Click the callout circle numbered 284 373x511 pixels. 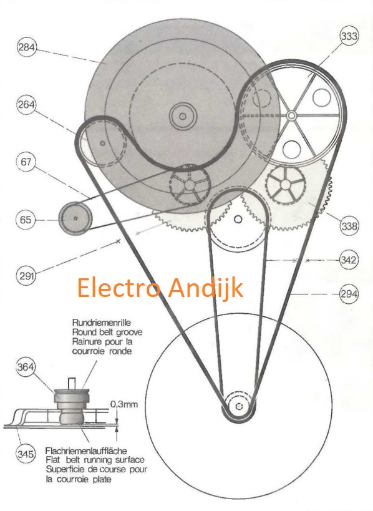click(26, 47)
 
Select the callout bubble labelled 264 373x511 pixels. click(26, 105)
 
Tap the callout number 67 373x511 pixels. click(26, 162)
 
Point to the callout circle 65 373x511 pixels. click(26, 220)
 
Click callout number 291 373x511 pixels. click(26, 276)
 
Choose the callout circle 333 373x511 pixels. click(349, 36)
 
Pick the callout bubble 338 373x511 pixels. click(349, 226)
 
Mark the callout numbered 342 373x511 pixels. click(349, 260)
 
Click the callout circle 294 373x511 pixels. click(349, 294)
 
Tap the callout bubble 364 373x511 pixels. click(26, 367)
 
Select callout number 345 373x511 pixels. click(26, 454)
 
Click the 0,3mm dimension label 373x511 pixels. click(124, 404)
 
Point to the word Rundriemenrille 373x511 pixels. click(101, 323)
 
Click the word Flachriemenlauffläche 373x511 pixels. click(86, 451)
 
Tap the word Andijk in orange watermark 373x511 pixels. click(206, 288)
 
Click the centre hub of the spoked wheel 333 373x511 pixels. click(291, 115)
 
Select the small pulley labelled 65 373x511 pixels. click(75, 218)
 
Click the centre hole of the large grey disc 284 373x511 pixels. click(182, 116)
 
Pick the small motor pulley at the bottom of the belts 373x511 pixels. click(239, 406)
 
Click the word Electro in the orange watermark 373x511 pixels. click(119, 288)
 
